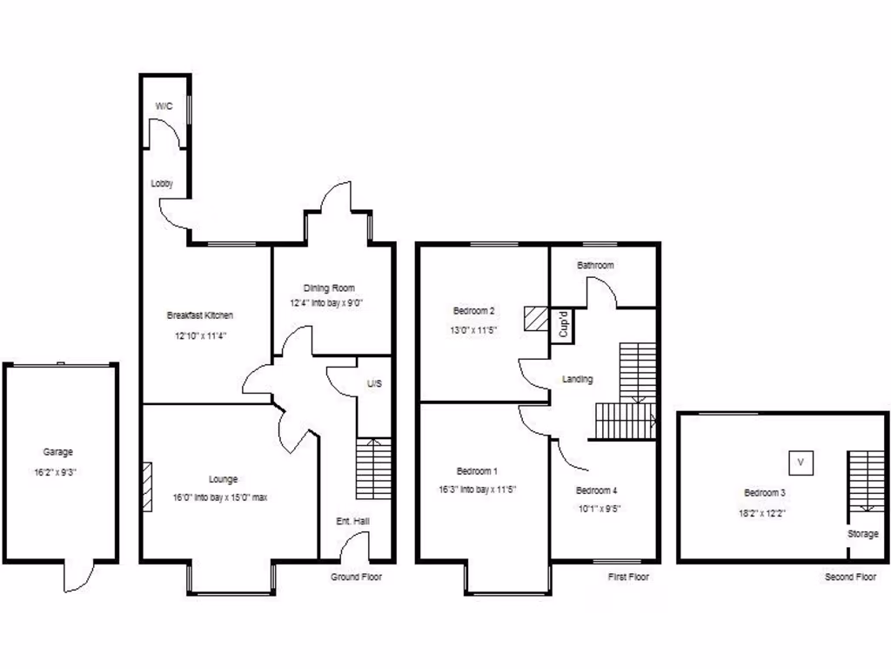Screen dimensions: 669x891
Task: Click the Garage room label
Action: point(58,452)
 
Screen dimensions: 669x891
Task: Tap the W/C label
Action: point(164,105)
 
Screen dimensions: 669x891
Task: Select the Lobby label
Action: point(162,184)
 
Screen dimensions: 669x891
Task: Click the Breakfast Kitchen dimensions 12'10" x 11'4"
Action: point(200,335)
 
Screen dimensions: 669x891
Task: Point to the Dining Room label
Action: point(329,287)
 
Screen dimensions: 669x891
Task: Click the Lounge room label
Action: point(224,479)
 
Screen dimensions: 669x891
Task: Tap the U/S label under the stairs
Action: point(374,383)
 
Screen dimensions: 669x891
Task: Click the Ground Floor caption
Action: point(356,578)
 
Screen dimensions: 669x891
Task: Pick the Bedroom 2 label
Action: point(474,311)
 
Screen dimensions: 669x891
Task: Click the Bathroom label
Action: point(595,265)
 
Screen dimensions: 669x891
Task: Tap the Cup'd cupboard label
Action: point(563,324)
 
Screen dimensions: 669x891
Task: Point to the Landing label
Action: point(578,379)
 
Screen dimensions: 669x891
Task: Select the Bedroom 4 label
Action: point(597,490)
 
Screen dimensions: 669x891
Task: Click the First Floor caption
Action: point(629,578)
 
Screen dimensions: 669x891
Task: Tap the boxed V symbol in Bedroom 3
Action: point(801,462)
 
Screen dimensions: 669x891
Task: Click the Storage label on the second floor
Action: point(863,534)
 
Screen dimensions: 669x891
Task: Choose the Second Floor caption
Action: point(850,578)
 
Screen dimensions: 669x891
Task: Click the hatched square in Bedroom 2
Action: point(534,319)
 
